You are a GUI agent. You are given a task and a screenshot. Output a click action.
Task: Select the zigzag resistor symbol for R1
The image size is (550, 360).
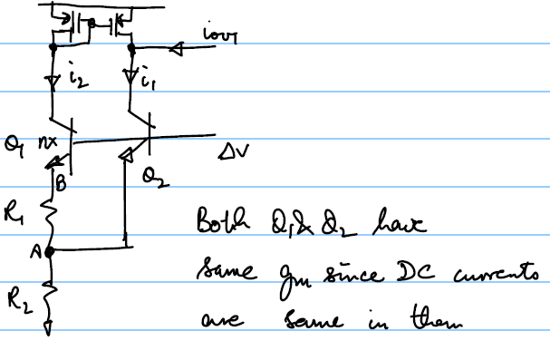(52, 218)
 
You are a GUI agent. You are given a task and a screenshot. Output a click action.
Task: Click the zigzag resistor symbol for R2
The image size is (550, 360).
(52, 295)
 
